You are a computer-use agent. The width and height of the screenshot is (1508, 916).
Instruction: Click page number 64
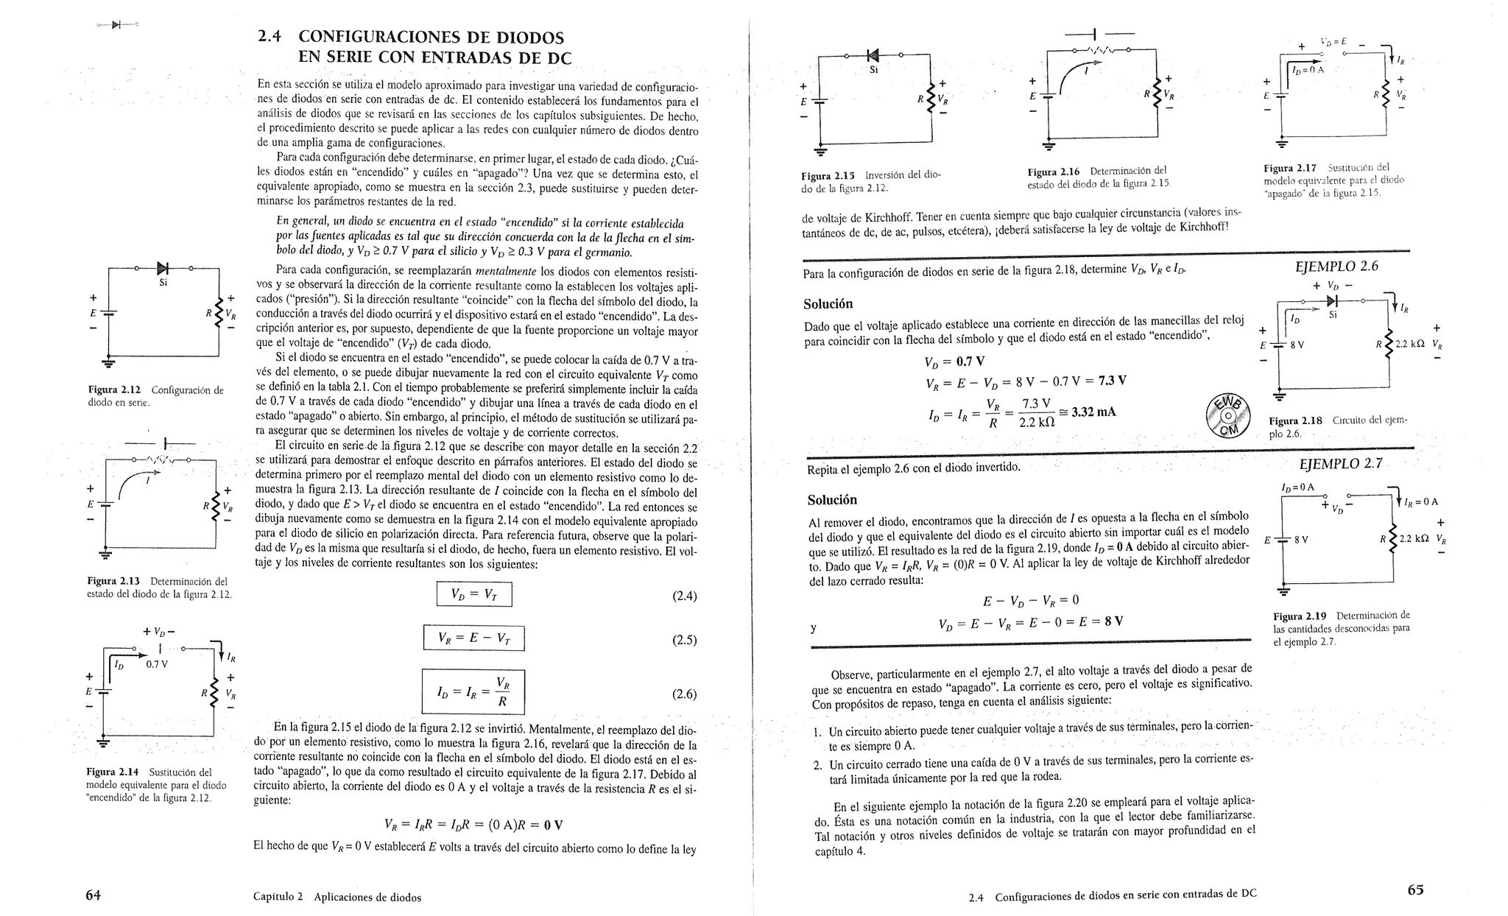[x=93, y=895]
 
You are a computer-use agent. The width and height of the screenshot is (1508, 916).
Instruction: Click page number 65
[x=1415, y=889]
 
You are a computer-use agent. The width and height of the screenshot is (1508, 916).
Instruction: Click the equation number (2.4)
[x=684, y=596]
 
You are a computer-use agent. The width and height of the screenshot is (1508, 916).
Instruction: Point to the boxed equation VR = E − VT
[x=473, y=638]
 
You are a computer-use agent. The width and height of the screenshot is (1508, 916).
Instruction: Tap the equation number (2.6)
[x=684, y=694]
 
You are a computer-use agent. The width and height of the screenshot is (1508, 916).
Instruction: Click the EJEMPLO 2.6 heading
[x=1336, y=266]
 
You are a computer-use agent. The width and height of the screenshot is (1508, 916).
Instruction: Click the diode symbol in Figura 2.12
[x=162, y=269]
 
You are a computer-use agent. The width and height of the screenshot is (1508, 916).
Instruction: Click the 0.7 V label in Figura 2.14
[x=156, y=663]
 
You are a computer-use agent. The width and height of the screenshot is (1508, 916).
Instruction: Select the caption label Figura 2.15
[x=828, y=176]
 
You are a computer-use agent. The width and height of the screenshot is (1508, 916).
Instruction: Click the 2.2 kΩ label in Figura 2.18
[x=1410, y=344]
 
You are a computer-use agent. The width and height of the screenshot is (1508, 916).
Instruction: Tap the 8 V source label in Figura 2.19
[x=1301, y=539]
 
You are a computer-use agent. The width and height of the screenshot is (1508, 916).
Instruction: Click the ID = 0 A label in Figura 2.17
[x=1307, y=70]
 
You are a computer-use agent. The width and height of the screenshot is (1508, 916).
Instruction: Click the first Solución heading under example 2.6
[x=828, y=304]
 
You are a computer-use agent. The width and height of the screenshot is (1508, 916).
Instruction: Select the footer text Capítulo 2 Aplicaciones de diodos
[x=337, y=897]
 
